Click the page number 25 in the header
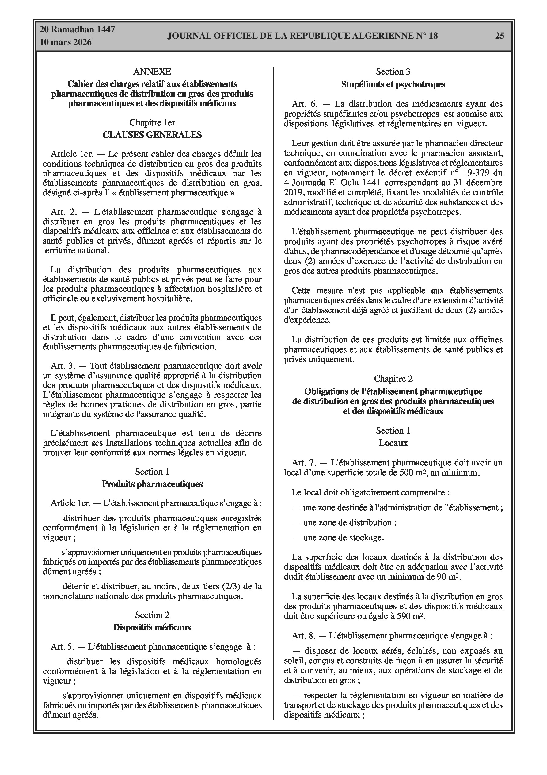point(500,36)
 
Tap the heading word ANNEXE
point(152,71)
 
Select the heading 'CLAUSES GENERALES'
point(152,135)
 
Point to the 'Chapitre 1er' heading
point(152,122)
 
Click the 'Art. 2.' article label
point(64,212)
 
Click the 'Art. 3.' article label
point(64,366)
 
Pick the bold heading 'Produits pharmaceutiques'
point(152,484)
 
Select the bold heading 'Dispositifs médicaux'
point(152,627)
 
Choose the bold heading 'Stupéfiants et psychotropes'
point(393,84)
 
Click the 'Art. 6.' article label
point(305,104)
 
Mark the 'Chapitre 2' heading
point(393,379)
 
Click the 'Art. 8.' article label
point(305,636)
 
